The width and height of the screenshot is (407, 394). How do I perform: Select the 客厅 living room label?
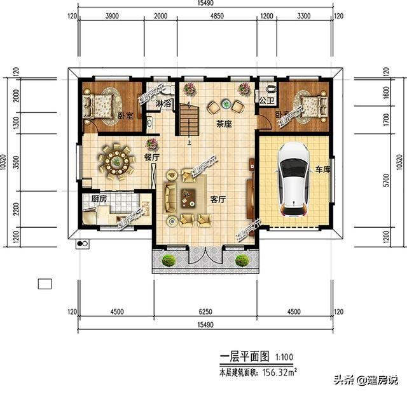[219, 199]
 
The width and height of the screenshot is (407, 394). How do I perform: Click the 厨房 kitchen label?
[99, 199]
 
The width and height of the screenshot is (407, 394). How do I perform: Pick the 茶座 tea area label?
[223, 124]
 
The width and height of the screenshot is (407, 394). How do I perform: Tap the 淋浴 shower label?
[164, 103]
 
